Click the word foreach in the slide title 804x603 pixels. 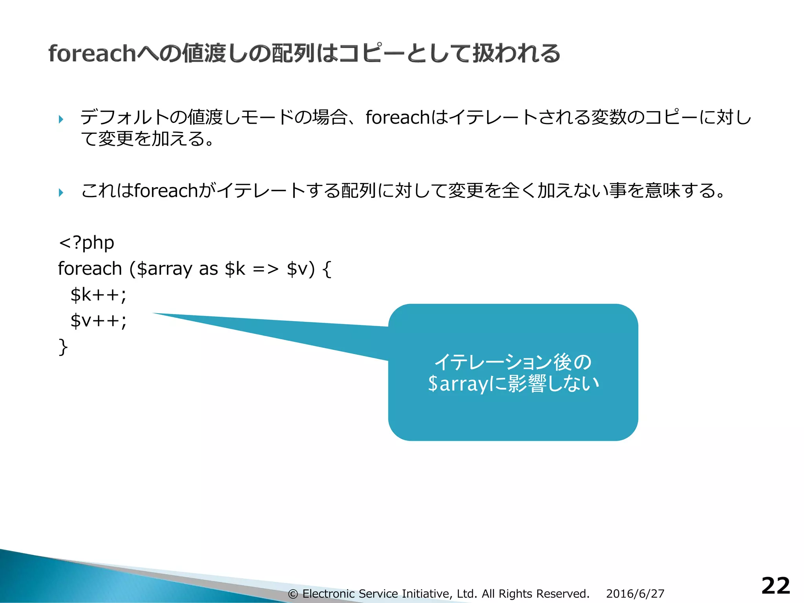[92, 53]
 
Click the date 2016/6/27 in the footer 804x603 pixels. [635, 594]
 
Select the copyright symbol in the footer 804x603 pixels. [292, 594]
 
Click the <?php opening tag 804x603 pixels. [86, 243]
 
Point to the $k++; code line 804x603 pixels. [98, 294]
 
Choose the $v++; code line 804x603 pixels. [98, 320]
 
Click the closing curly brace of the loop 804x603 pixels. [63, 347]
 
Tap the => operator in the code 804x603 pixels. [265, 269]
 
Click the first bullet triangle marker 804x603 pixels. [61, 119]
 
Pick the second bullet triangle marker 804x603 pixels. [61, 192]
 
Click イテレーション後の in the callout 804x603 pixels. [513, 362]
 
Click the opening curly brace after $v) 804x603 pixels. [327, 269]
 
